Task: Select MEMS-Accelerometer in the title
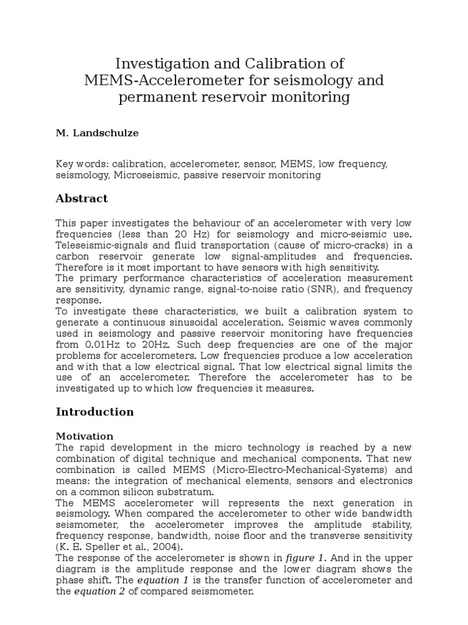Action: pyautogui.click(x=159, y=81)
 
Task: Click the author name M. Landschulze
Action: pyautogui.click(x=97, y=133)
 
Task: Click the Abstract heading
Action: pyautogui.click(x=82, y=198)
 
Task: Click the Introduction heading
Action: pyautogui.click(x=94, y=412)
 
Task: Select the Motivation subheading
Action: pyautogui.click(x=85, y=436)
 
